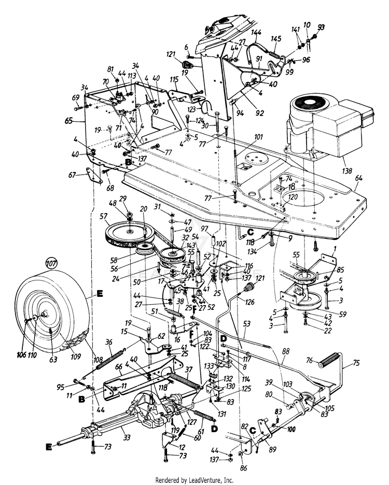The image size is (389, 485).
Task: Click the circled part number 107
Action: pos(51,263)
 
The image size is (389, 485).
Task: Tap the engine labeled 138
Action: pos(327,127)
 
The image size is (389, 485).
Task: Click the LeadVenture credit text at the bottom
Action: pos(195,480)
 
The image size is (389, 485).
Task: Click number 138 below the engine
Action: pos(332,170)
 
